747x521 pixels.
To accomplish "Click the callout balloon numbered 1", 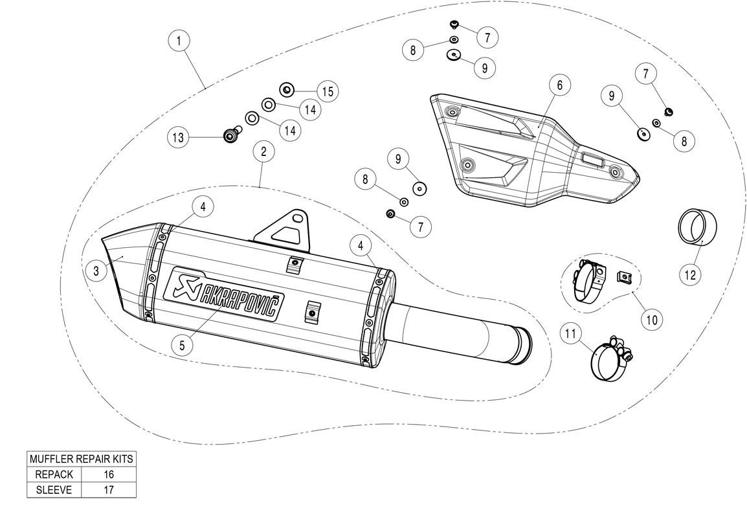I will (x=179, y=41).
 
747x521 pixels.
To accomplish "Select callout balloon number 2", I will (x=263, y=152).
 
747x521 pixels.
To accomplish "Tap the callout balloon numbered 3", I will (x=96, y=272).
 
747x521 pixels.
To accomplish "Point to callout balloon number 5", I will (x=183, y=345).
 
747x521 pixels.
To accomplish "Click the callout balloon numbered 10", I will (x=651, y=319).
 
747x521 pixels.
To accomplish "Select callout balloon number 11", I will (x=570, y=334).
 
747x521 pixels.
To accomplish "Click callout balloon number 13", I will (x=179, y=137).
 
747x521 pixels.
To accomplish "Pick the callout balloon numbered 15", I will (x=328, y=91).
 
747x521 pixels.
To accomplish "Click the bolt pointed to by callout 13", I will (x=229, y=135).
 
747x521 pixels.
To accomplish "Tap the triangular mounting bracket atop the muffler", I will (x=285, y=229).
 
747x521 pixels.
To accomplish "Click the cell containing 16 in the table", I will (x=109, y=474).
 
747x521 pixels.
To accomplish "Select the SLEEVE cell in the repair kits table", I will (x=54, y=489).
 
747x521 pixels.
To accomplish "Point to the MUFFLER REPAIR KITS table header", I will (x=82, y=459).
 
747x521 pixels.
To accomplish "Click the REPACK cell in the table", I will (x=54, y=474).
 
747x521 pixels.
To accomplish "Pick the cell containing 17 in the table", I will (x=109, y=489).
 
